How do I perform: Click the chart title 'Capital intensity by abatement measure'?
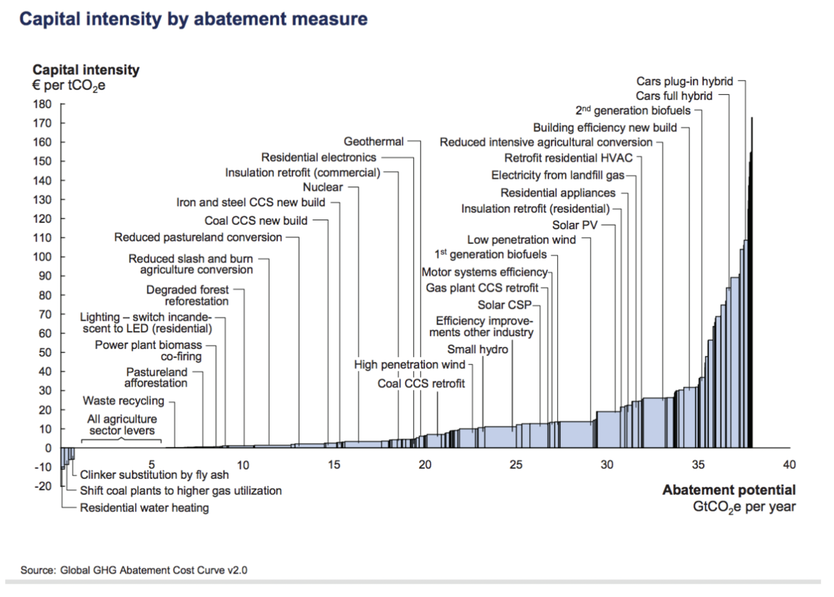pos(193,19)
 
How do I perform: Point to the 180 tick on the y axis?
pos(42,104)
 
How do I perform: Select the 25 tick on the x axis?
pos(516,465)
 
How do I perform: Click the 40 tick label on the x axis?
pos(789,465)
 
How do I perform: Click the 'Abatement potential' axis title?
pos(729,490)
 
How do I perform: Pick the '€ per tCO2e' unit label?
pos(69,85)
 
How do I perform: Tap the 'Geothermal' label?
pos(373,141)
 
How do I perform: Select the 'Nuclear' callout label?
pos(323,187)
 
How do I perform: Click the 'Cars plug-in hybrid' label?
pos(684,81)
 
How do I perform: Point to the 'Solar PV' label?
pos(574,225)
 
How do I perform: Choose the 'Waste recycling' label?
pos(124,401)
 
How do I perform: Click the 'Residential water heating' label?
pos(144,508)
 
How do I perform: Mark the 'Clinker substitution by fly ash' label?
pos(154,475)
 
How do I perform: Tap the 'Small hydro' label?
pos(477,349)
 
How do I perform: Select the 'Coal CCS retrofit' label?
pos(421,383)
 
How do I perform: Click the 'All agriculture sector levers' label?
pos(122,425)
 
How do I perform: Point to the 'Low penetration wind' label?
pos(521,240)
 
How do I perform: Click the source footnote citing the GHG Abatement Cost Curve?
pos(134,570)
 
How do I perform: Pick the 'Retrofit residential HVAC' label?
pos(568,158)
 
